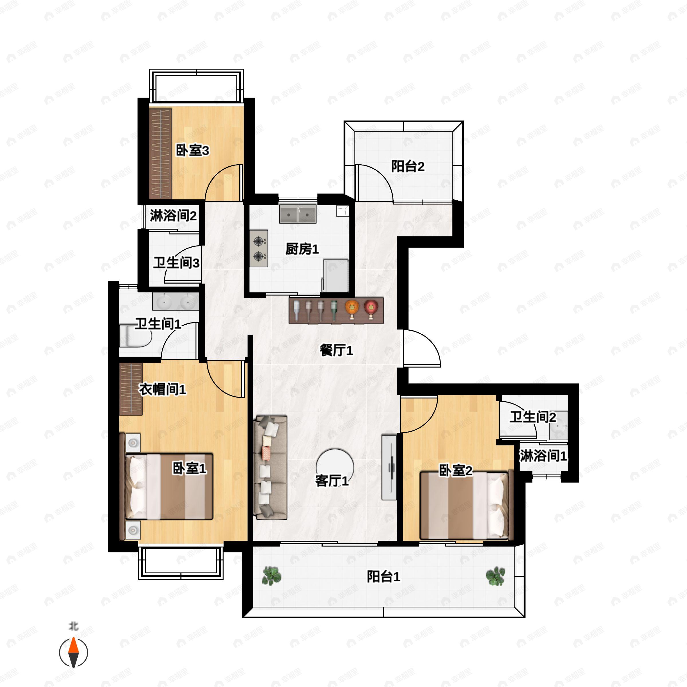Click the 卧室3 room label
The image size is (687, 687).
pyautogui.click(x=192, y=150)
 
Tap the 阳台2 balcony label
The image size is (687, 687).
pyautogui.click(x=408, y=166)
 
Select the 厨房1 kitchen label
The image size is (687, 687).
pyautogui.click(x=302, y=249)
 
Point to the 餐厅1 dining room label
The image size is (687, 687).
pyautogui.click(x=336, y=350)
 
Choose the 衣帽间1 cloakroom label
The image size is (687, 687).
pyautogui.click(x=162, y=389)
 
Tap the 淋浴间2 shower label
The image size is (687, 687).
pyautogui.click(x=173, y=215)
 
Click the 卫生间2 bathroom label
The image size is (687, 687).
pyautogui.click(x=533, y=417)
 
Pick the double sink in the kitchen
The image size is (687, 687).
pyautogui.click(x=298, y=214)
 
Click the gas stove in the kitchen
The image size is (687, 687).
pyautogui.click(x=258, y=248)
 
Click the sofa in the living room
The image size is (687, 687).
pyautogui.click(x=270, y=468)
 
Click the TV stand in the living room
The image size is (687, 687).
pyautogui.click(x=389, y=467)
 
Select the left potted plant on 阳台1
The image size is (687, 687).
pyautogui.click(x=272, y=576)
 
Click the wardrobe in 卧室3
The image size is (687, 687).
pyautogui.click(x=160, y=154)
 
